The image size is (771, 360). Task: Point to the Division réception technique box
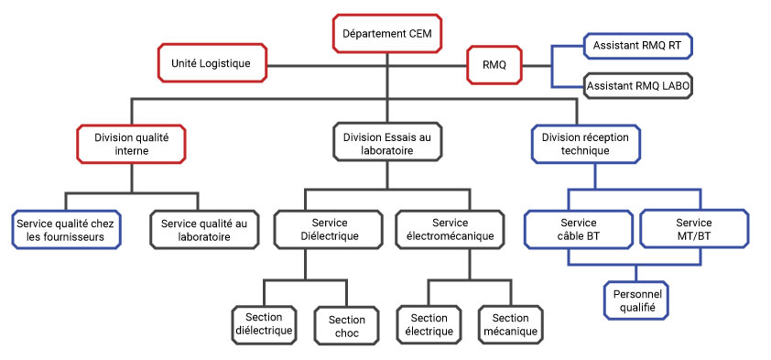pos(586,144)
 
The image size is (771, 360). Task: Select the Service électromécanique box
pos(450,230)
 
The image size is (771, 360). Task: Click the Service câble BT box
pos(578,229)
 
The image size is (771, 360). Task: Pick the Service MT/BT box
pos(694,229)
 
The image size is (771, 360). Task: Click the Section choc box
pos(346,326)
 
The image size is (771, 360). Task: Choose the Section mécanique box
pos(510,323)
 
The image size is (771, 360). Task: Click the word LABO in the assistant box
pos(672,85)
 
